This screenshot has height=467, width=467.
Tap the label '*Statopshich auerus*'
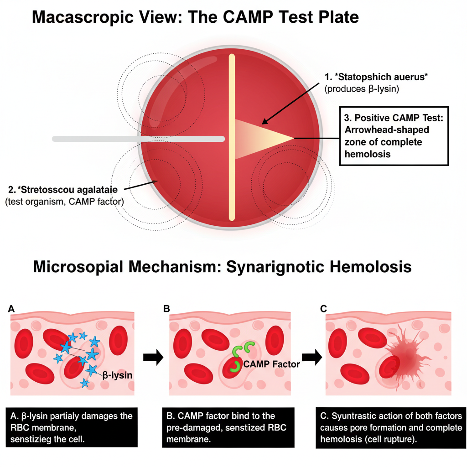(377, 77)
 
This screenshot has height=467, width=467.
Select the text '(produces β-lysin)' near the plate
(362, 89)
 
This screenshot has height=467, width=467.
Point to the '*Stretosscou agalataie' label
(66, 189)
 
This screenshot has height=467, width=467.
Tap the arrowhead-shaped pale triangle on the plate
(260, 137)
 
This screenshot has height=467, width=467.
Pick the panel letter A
(11, 309)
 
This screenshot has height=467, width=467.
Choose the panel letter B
(167, 309)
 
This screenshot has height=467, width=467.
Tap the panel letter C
(323, 309)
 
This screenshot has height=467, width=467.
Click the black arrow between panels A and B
(153, 358)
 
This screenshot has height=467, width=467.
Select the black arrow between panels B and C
(311, 358)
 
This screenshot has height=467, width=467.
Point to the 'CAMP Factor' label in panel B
(271, 363)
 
